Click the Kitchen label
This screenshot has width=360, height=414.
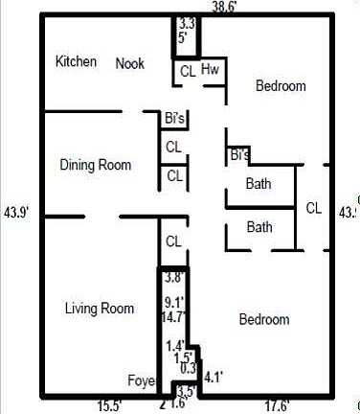coord(76,62)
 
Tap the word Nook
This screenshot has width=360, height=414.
coord(129,64)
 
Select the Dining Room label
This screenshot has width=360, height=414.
coord(95,165)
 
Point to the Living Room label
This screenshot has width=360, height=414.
coord(99,308)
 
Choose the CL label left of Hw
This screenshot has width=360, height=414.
coord(188,70)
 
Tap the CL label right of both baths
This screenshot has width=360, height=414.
coord(314,207)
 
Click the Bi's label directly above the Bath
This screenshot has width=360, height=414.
coord(239,154)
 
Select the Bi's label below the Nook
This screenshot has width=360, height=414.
coord(174,119)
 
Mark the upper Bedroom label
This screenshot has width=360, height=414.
coord(281,86)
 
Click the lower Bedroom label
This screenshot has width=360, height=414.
coord(264,319)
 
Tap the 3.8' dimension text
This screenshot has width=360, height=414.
coord(173,279)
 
